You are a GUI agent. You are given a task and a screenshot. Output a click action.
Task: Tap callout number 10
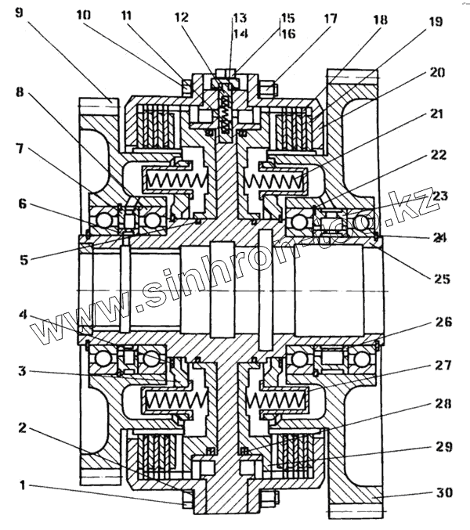84,14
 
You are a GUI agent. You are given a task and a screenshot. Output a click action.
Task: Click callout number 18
381,21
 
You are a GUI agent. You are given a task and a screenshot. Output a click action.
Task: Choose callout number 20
437,73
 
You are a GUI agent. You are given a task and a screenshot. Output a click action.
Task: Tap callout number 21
437,114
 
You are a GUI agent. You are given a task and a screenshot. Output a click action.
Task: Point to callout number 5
24,259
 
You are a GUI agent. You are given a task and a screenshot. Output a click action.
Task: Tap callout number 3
24,371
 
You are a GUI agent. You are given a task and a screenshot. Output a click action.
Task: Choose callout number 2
24,428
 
